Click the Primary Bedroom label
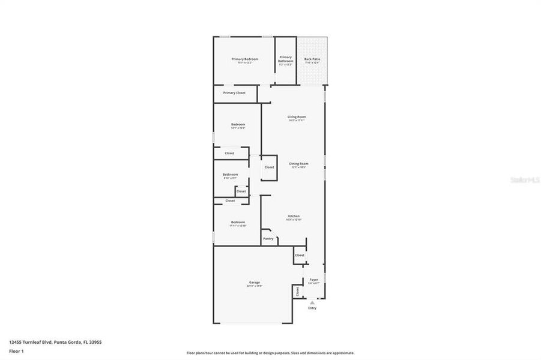click(x=245, y=59)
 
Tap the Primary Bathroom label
click(x=286, y=59)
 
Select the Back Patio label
click(x=312, y=59)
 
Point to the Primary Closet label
click(x=234, y=93)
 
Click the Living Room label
click(x=297, y=116)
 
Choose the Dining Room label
click(x=298, y=164)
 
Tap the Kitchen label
click(x=294, y=216)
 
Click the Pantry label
click(x=268, y=239)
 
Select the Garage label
click(x=255, y=282)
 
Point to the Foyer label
click(x=314, y=280)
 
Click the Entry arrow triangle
click(x=312, y=304)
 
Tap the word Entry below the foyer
click(x=312, y=308)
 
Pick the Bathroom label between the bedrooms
click(x=231, y=175)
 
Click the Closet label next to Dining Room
click(x=269, y=167)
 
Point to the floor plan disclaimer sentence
click(x=270, y=353)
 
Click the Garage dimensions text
click(x=255, y=286)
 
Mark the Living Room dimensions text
click(x=297, y=121)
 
